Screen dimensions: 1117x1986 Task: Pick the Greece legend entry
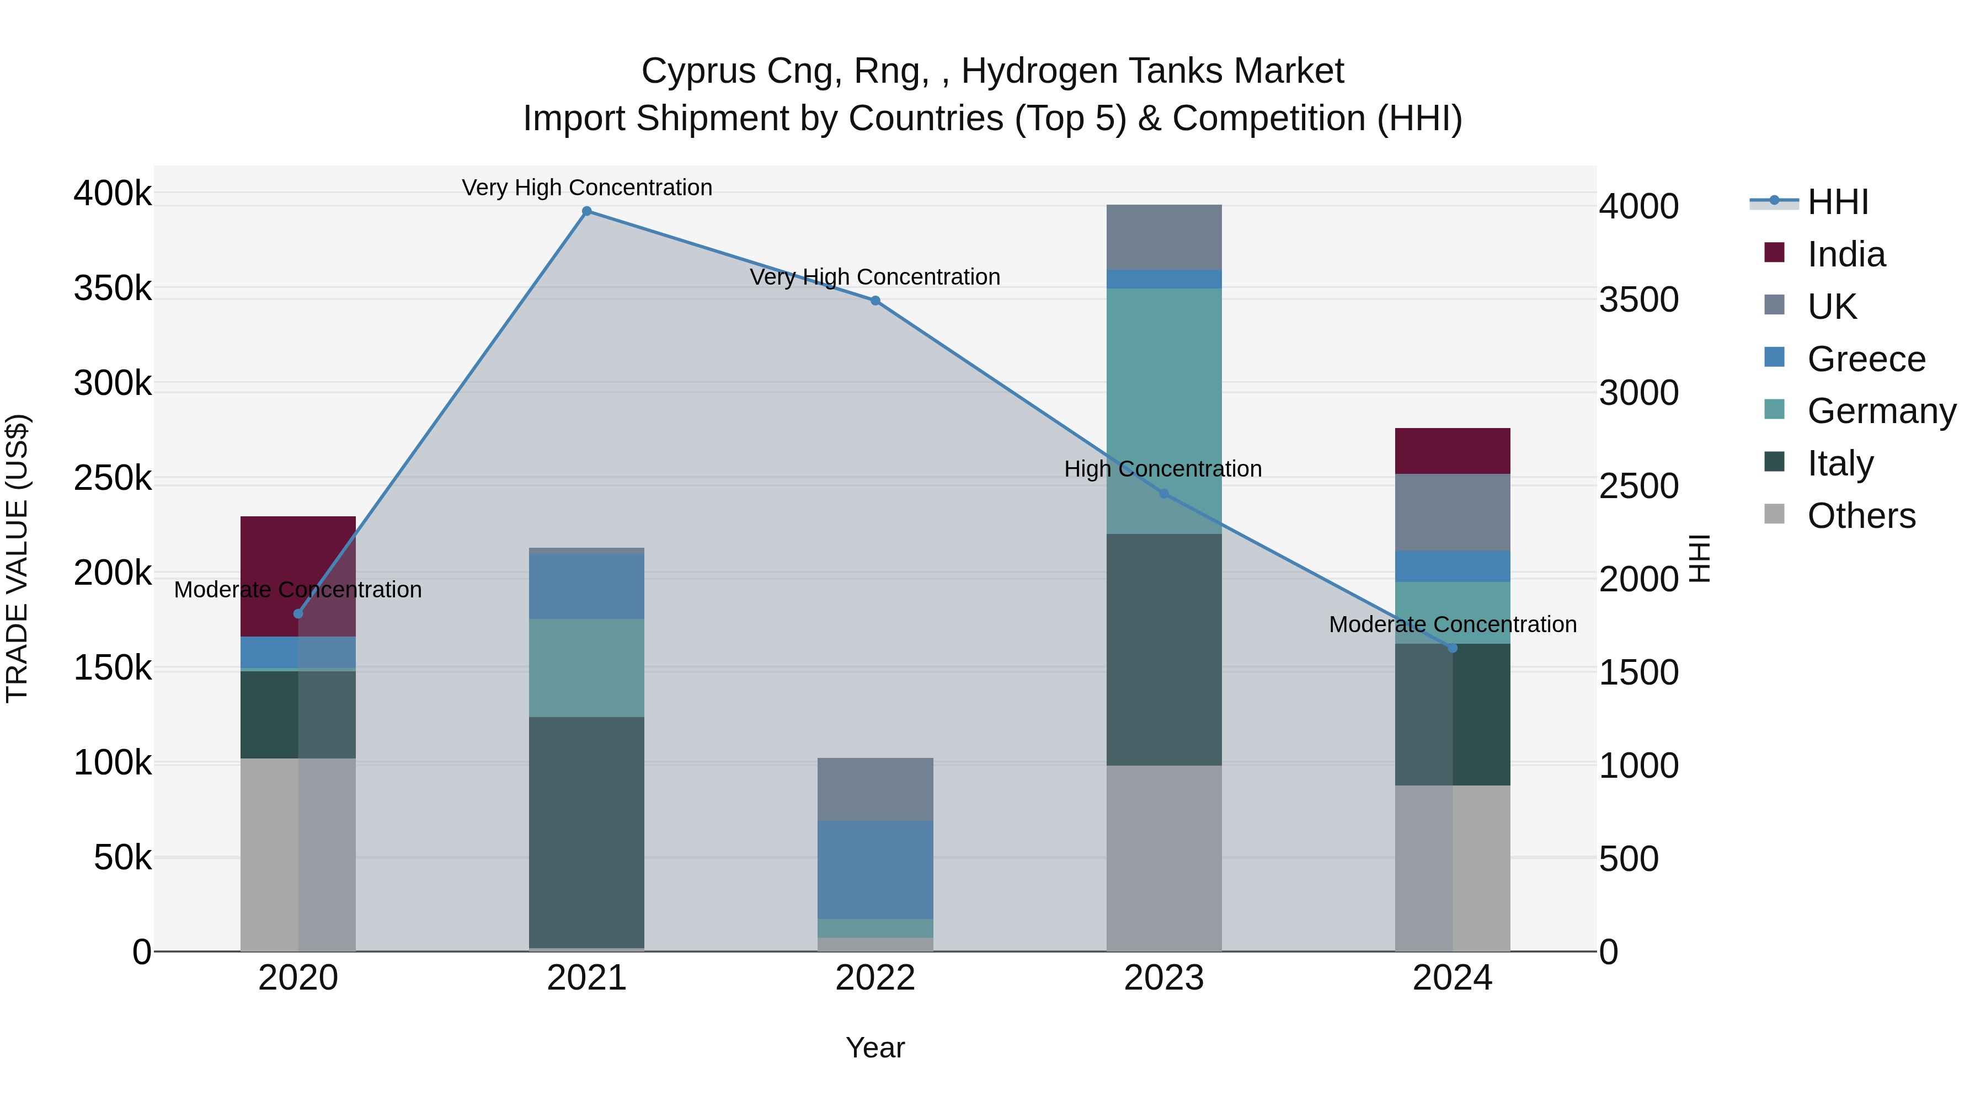[x=1866, y=359]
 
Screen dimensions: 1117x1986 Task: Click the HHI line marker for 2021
[x=587, y=211]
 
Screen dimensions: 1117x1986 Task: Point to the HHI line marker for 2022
[x=875, y=301]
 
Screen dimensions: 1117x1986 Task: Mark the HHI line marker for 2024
[x=1453, y=648]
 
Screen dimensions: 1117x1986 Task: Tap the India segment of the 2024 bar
[x=1453, y=451]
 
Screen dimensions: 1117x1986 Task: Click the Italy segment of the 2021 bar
[x=587, y=832]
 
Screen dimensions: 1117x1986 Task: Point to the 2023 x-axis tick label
[x=1164, y=978]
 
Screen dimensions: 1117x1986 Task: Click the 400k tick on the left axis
[x=113, y=194]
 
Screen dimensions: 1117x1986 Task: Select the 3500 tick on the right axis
[x=1639, y=300]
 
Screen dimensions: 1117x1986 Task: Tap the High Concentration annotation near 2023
[x=1162, y=469]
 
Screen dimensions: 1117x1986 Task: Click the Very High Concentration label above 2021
[x=587, y=188]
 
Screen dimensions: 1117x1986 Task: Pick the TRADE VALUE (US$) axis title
[x=18, y=558]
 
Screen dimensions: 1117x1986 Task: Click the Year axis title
[x=875, y=1047]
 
